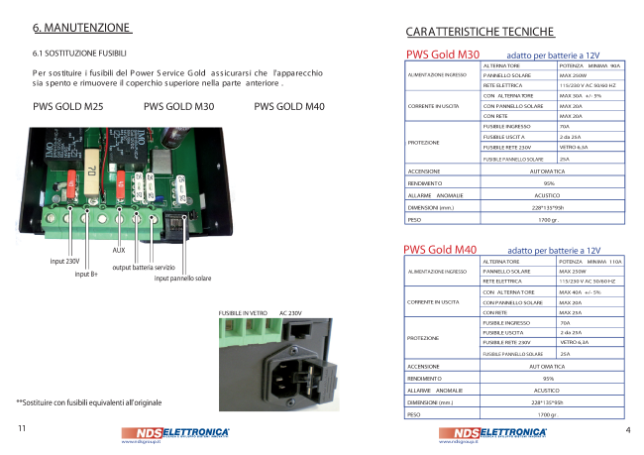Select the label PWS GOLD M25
(68, 106)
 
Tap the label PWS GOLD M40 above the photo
(289, 106)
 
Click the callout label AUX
(119, 251)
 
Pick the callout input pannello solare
(177, 279)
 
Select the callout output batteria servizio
(144, 268)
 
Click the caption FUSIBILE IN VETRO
(243, 313)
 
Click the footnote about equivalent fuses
(89, 402)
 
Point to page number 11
(22, 429)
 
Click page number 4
(627, 430)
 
